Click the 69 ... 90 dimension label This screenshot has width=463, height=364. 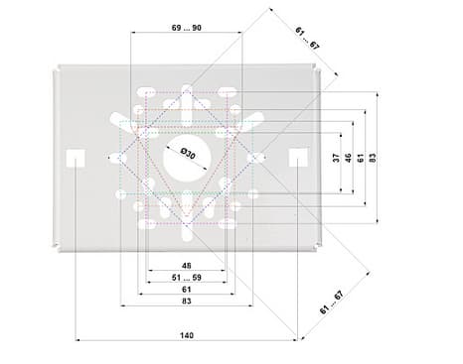187,28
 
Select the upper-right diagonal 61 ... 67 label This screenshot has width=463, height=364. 307,39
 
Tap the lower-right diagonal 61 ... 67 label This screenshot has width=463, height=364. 332,303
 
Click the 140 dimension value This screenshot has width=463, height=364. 187,335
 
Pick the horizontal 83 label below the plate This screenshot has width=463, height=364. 187,302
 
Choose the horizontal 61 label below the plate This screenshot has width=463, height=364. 187,290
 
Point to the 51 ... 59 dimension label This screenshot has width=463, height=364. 187,278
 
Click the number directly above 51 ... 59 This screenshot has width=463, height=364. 187,266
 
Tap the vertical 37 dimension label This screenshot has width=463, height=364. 336,158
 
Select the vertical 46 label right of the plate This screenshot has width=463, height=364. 348,158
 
